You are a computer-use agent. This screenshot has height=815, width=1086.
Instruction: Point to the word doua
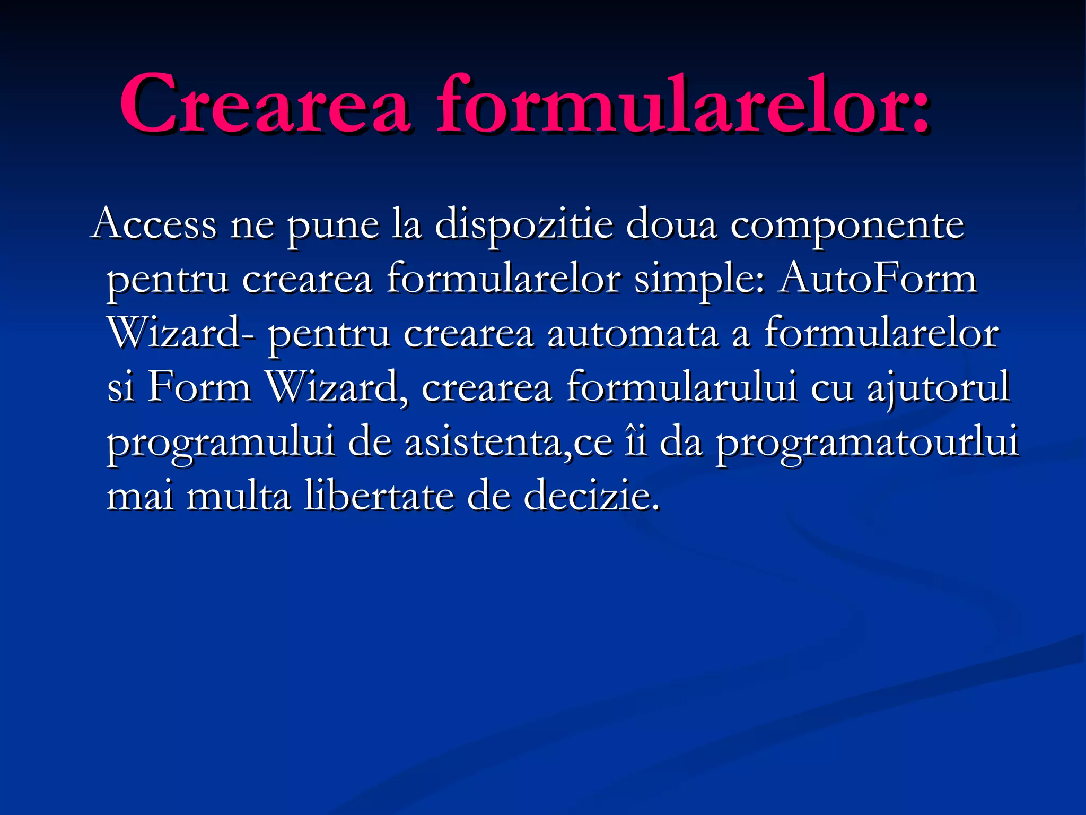tap(671, 225)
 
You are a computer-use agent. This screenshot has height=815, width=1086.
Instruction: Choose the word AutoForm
tap(877, 278)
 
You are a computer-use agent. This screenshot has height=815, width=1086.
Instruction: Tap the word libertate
tap(379, 496)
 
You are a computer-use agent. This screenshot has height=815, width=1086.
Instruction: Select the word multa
tap(239, 496)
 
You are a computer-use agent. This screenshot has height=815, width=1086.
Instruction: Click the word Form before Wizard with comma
tap(198, 387)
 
